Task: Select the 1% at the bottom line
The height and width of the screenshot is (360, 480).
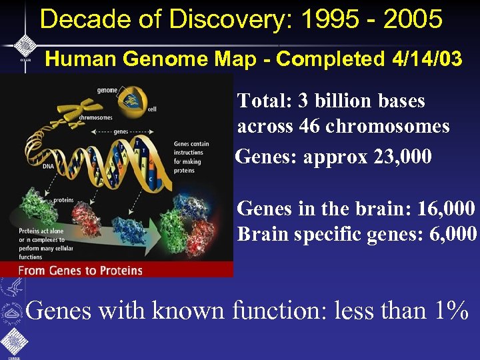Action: click(447, 310)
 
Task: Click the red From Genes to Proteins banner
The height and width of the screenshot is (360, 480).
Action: click(117, 270)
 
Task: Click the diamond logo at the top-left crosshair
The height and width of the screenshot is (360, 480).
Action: click(25, 45)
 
